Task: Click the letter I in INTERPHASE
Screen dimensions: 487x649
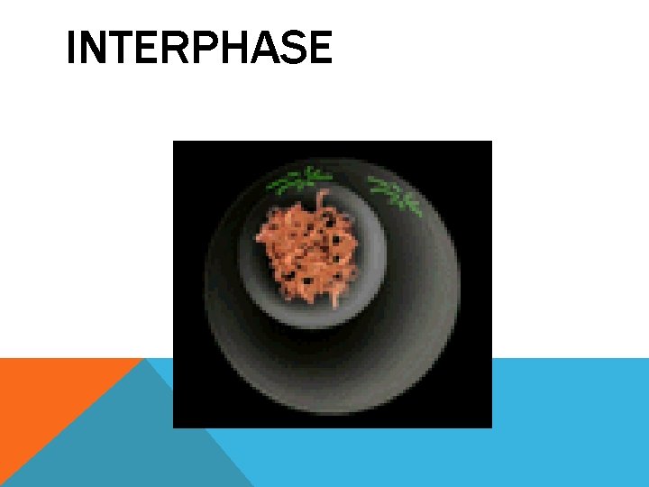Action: pos(70,49)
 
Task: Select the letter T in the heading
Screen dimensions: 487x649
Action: pos(116,49)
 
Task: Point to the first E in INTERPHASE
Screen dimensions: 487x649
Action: pos(142,49)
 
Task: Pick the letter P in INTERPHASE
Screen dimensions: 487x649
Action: pos(197,49)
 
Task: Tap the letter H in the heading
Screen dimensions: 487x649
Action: pos(227,49)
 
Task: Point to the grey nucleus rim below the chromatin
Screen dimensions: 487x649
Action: pos(311,316)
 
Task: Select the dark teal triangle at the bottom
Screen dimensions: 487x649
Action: pos(135,451)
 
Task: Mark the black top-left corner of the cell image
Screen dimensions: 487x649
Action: pos(185,153)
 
